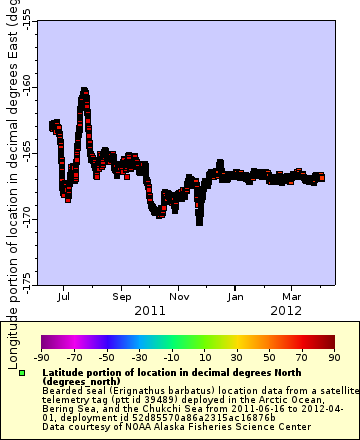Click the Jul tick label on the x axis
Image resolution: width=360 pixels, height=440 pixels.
click(64, 296)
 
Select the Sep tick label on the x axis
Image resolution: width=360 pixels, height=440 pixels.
click(122, 296)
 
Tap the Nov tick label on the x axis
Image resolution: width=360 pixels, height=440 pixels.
click(179, 296)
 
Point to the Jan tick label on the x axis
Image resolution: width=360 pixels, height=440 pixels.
click(236, 296)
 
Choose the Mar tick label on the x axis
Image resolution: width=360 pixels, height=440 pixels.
click(292, 296)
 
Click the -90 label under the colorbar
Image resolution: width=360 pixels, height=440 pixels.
click(41, 357)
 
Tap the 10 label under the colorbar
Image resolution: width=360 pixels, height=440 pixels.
click(203, 357)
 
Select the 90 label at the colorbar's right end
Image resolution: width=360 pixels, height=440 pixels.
click(332, 357)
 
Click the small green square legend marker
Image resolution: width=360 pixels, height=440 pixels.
click(22, 373)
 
